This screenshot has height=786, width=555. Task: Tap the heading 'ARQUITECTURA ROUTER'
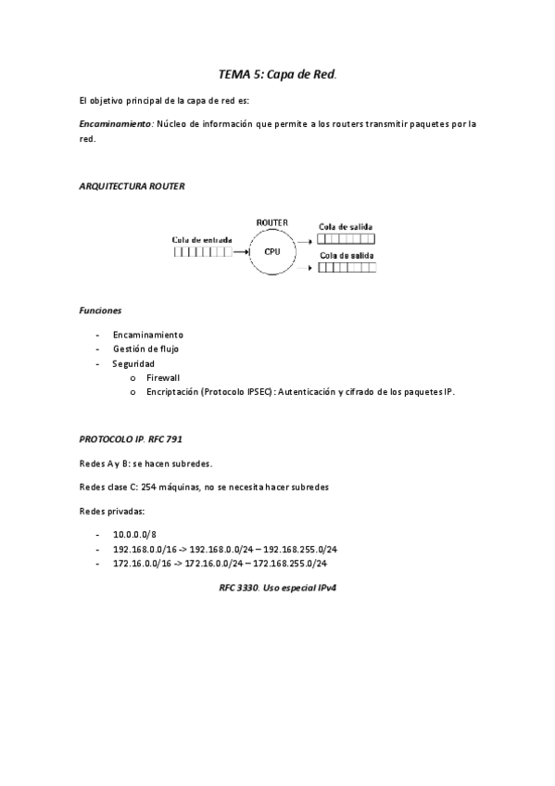tap(132, 185)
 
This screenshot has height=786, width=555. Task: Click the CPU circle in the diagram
tap(272, 251)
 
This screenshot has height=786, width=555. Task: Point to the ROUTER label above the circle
tap(272, 223)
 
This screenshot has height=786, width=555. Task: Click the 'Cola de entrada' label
tap(202, 239)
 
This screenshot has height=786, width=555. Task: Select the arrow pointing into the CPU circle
tap(242, 251)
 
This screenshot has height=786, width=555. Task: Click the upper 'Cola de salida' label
tap(346, 226)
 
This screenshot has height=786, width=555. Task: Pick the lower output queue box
tap(347, 269)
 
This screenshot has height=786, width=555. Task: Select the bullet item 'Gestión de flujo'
tap(145, 349)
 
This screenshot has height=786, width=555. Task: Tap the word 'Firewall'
tap(163, 377)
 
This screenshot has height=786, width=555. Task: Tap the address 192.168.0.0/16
tap(145, 549)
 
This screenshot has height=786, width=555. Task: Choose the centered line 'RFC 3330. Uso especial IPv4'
tap(276, 588)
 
